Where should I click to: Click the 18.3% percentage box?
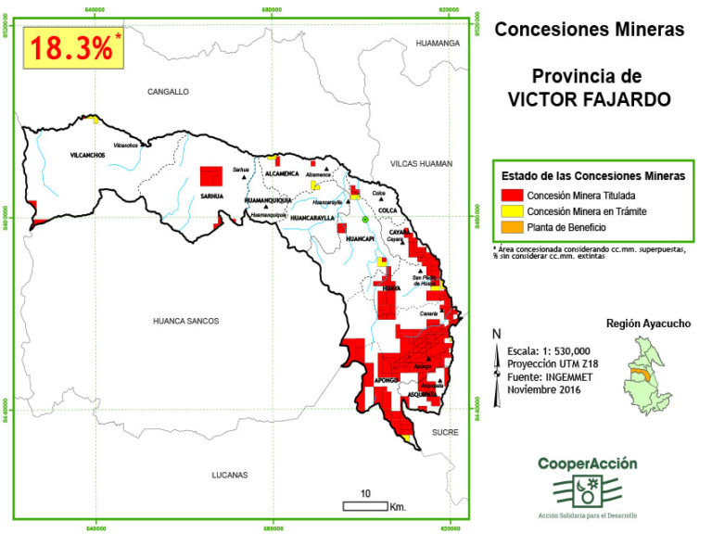[73, 48]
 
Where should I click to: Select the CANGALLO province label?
[168, 92]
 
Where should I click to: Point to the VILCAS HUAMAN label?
[421, 164]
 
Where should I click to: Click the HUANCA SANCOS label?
[185, 321]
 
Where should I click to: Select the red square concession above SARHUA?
[211, 177]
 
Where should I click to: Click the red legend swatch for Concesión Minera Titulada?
[510, 196]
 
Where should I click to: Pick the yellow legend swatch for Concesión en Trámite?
[510, 211]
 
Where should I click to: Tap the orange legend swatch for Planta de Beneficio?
[510, 227]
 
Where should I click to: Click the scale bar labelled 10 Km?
[364, 505]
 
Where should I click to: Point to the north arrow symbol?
[498, 342]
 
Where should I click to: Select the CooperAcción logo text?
[587, 464]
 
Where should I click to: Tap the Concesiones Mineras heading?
[589, 29]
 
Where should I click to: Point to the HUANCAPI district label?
[359, 238]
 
